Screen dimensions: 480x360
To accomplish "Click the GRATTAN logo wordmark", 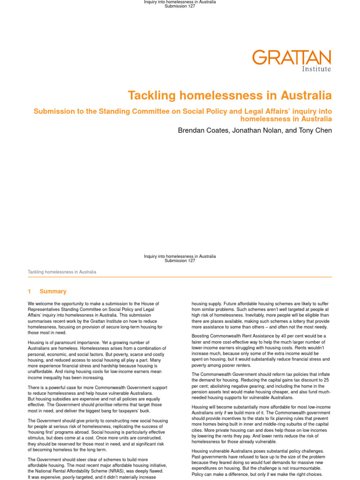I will tap(292, 58).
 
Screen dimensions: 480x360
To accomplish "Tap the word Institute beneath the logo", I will tap(316, 69).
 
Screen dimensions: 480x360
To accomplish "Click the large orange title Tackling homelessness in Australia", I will tap(230, 96).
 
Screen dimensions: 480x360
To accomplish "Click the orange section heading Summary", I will tap(53, 292).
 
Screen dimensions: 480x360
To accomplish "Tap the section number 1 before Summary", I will tap(30, 292).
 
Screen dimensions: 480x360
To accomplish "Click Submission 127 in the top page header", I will tap(180, 7).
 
